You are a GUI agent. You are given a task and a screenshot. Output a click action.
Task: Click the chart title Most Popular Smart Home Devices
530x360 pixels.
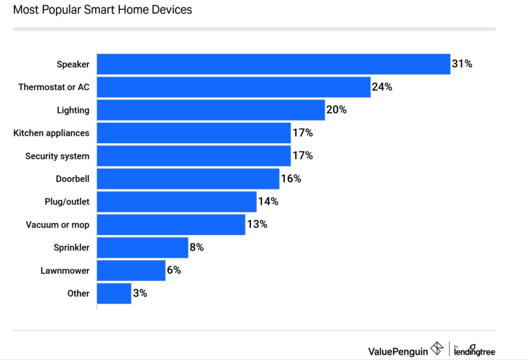click(x=102, y=10)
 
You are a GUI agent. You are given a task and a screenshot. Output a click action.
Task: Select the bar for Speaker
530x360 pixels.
click(x=273, y=64)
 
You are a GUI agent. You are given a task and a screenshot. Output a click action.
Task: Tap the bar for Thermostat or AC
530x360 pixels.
click(x=233, y=87)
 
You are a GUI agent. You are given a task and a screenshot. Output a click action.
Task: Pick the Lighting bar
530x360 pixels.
click(x=211, y=110)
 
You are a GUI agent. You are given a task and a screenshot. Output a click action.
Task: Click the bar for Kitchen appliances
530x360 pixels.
click(x=194, y=133)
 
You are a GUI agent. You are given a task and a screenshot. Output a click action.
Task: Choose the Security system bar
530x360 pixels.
click(x=194, y=156)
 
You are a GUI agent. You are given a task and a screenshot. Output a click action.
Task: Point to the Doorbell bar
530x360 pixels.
click(x=188, y=178)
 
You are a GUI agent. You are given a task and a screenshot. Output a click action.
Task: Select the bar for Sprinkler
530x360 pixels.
click(x=142, y=247)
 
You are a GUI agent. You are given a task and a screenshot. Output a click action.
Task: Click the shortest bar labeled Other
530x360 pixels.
click(x=114, y=293)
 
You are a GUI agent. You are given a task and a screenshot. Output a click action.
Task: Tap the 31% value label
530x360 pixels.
click(x=462, y=64)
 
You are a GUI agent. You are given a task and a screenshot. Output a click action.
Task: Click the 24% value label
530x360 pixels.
click(x=382, y=87)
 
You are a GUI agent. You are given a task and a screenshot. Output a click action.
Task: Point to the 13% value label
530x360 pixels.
click(x=257, y=224)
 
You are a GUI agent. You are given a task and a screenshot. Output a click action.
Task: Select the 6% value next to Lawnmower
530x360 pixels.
click(x=174, y=270)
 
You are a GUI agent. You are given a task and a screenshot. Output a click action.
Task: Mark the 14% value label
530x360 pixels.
click(x=268, y=201)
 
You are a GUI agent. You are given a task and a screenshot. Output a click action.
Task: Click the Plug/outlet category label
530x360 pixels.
click(x=67, y=201)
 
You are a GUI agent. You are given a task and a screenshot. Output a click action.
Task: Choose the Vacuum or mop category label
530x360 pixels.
click(x=58, y=225)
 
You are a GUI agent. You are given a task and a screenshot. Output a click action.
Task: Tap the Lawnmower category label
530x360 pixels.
click(x=65, y=270)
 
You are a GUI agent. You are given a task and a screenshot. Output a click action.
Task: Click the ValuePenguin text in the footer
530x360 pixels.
click(x=398, y=351)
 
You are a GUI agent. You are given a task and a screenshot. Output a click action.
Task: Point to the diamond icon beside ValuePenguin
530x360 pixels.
click(x=437, y=349)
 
